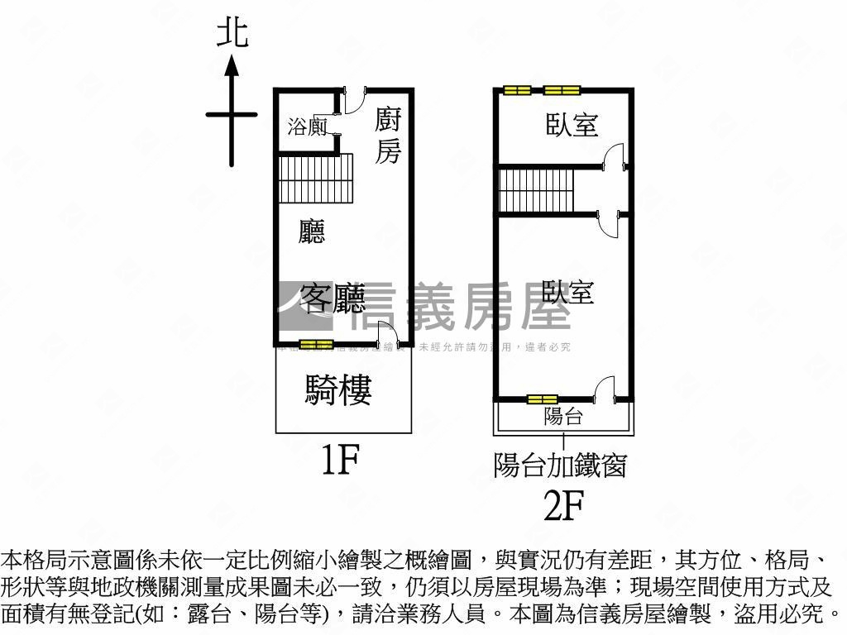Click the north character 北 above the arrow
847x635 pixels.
coord(232,34)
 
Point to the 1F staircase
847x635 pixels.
coord(316,179)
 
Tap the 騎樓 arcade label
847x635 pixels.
coord(338,389)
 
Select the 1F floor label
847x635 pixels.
coord(338,460)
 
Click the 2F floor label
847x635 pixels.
coord(562,505)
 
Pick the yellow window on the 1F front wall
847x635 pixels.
coord(315,343)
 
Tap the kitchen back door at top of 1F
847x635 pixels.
coord(352,101)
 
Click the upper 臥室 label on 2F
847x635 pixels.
coord(572,126)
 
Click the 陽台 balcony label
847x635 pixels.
coord(562,416)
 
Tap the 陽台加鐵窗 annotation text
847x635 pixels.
coord(560,465)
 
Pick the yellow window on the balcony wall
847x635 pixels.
coord(543,400)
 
